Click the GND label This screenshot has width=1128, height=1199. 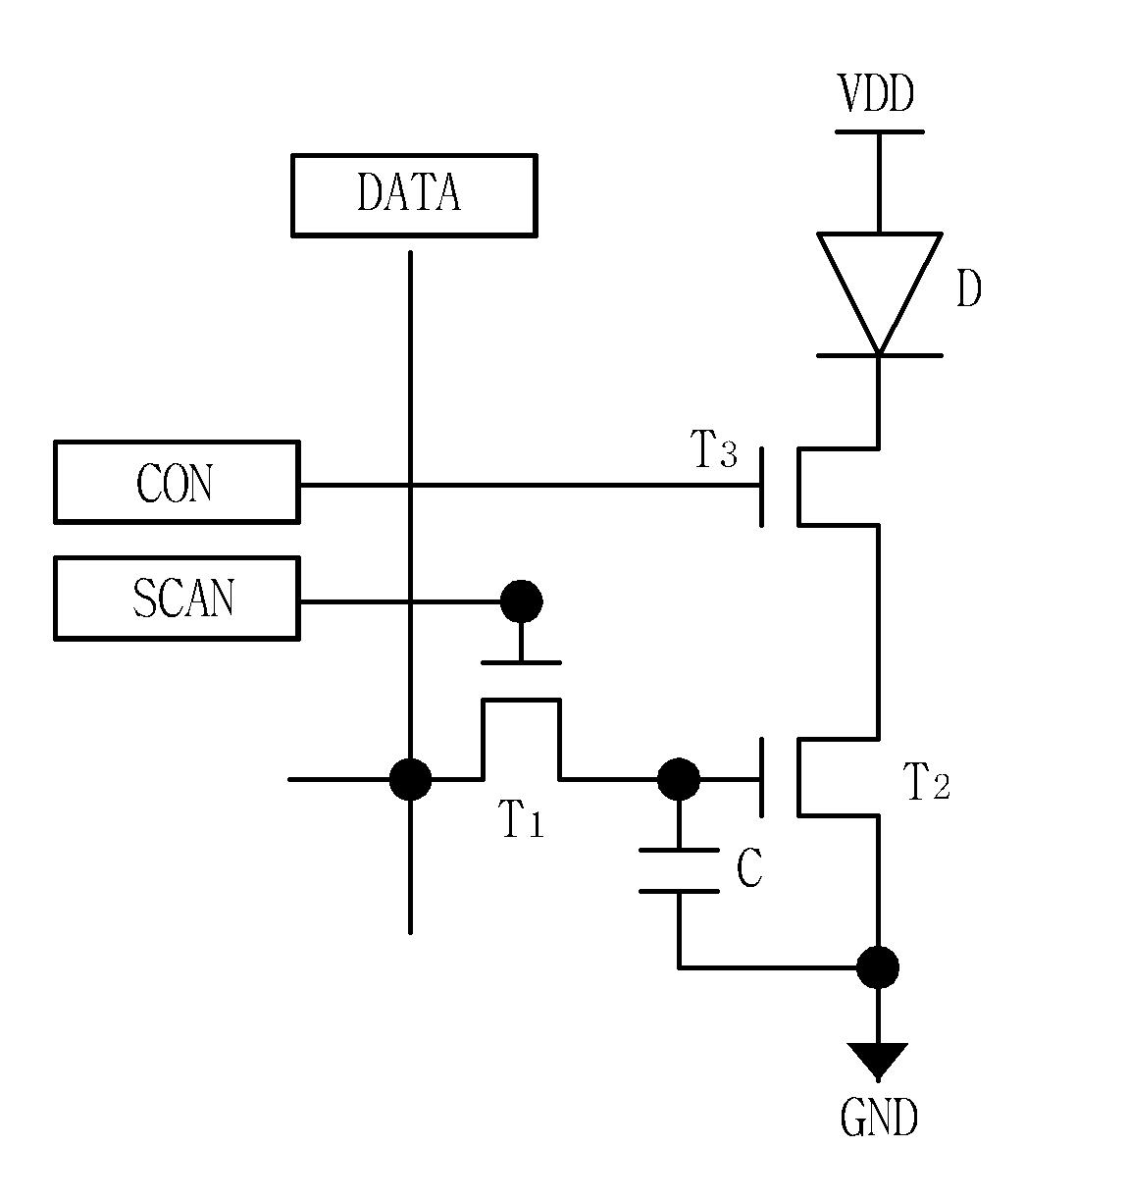tap(879, 1119)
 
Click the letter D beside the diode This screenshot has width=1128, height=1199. tap(969, 289)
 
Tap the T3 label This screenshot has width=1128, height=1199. tap(714, 449)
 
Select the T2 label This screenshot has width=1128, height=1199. tap(929, 781)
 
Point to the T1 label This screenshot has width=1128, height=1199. tap(523, 818)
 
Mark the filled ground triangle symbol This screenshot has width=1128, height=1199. tap(878, 1061)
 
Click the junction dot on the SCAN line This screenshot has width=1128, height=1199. tap(522, 601)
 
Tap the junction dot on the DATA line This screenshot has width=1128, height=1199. tap(410, 779)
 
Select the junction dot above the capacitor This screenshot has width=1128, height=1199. tap(679, 779)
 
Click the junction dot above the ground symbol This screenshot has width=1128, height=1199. tap(878, 967)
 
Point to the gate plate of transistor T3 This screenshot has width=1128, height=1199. tap(762, 487)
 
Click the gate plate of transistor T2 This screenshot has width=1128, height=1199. tap(762, 778)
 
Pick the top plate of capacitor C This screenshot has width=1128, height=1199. tap(679, 850)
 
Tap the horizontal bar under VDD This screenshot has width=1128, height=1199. tap(879, 131)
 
